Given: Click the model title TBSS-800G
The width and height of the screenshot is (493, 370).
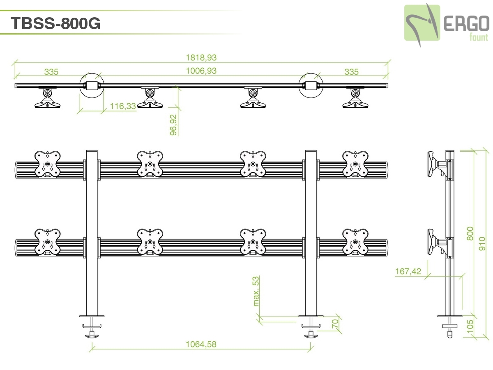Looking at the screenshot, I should click(55, 24).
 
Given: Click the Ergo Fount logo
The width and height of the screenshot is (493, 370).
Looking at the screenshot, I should click(446, 23).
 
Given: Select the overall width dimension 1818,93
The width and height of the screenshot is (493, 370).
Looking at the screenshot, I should click(201, 58).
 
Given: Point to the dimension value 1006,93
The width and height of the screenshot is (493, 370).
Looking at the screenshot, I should click(201, 71).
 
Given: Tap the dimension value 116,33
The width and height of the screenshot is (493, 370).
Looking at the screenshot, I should click(123, 106).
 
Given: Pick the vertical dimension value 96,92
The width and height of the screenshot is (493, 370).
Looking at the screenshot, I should click(174, 125).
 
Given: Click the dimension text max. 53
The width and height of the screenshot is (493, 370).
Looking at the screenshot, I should click(256, 291).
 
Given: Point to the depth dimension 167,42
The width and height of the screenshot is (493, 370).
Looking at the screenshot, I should click(408, 271).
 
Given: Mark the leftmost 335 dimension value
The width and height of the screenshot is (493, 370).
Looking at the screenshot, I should click(51, 72).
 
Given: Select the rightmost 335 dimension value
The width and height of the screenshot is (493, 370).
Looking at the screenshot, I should click(351, 72).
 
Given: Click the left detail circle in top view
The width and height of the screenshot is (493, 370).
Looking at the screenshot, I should click(90, 85).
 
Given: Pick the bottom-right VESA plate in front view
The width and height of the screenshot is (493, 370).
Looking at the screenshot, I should click(355, 242).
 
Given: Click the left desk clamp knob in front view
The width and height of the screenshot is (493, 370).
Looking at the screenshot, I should click(92, 335).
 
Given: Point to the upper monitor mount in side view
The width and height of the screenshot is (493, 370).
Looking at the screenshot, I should click(436, 165).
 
